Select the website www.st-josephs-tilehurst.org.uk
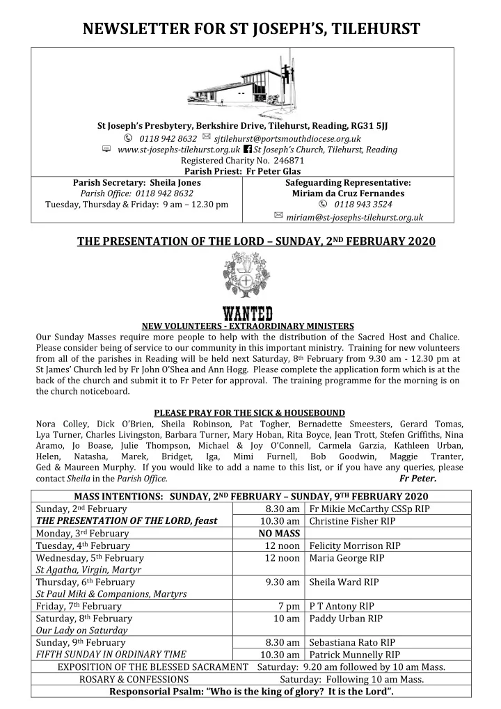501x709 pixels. pos(179,150)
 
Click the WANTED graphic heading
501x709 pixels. pos(247,314)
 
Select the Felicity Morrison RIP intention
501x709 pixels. pos(347,546)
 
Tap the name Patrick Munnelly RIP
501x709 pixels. pos(354,655)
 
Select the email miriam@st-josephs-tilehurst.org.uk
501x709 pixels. pos(354,218)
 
